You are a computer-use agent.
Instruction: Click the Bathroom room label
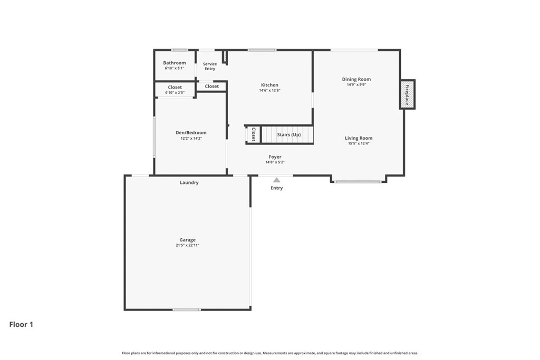point(174,63)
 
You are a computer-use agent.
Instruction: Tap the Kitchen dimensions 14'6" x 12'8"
point(269,91)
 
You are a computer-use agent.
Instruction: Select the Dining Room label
point(356,79)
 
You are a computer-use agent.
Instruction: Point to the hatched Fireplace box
point(407,94)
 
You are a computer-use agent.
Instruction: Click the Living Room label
point(359,138)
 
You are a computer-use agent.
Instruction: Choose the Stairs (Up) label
point(289,134)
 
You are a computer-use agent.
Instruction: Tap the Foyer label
point(275,157)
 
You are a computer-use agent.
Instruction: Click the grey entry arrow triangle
point(276,180)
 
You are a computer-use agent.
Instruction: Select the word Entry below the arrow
point(276,188)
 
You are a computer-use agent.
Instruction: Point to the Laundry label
point(189,182)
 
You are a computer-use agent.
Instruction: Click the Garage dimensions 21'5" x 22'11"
point(187,246)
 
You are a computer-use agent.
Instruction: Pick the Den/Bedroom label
point(191,132)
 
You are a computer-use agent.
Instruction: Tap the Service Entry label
point(210,66)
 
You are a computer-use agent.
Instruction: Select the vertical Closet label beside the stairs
point(254,134)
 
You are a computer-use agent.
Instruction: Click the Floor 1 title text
point(21,325)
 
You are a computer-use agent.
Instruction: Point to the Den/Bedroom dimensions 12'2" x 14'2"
point(191,138)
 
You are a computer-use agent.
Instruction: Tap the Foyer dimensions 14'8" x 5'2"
point(275,162)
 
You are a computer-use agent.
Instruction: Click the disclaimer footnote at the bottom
point(270,353)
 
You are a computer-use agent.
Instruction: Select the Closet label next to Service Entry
point(212,86)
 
